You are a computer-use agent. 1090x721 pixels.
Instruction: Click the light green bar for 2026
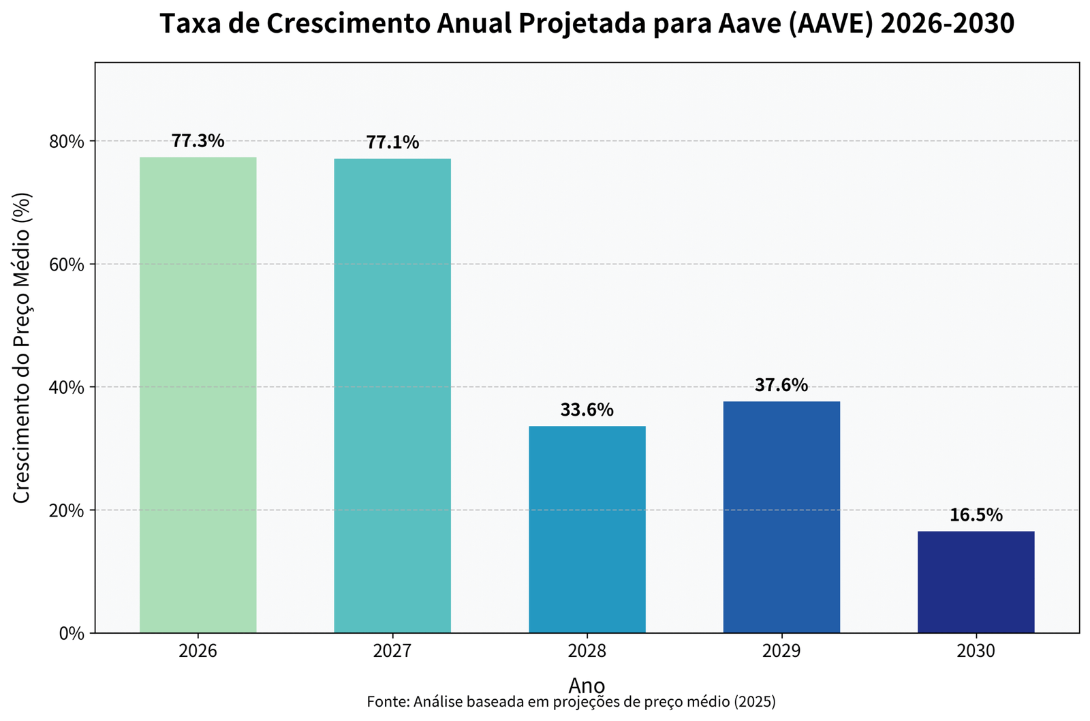198,395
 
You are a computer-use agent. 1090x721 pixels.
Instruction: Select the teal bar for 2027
392,395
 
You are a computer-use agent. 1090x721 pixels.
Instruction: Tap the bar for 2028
587,530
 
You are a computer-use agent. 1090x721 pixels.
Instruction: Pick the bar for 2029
781,517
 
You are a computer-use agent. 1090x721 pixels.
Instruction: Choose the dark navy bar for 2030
976,582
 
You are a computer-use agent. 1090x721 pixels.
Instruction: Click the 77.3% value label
198,141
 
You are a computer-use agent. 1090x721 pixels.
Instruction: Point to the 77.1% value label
392,142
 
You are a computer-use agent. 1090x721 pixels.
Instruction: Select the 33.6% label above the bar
587,410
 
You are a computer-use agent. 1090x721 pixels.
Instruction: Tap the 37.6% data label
781,386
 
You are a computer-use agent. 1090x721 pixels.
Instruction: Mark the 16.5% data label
976,515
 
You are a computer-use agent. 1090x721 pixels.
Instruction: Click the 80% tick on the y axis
67,142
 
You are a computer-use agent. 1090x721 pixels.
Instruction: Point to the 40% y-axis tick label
67,387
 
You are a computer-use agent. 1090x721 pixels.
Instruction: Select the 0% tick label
72,633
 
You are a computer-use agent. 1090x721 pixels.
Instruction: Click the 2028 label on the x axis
587,651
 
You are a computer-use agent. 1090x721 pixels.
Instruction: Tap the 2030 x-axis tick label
976,651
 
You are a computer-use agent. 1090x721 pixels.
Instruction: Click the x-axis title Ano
587,684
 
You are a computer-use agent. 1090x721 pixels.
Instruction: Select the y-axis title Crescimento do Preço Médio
22,348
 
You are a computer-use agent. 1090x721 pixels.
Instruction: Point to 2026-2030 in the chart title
947,25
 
